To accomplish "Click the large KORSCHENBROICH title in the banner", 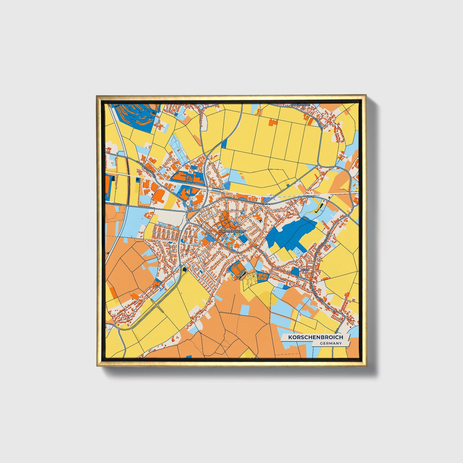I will click(315, 337).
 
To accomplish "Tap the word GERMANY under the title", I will click(330, 343).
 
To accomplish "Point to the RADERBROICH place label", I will click(300, 105).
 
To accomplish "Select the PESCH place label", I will click(304, 270).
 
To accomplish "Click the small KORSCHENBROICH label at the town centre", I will click(231, 231).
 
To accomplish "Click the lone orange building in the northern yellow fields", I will click(273, 122).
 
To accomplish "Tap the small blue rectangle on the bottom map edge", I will click(189, 356).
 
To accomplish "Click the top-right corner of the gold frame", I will click(365, 96).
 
